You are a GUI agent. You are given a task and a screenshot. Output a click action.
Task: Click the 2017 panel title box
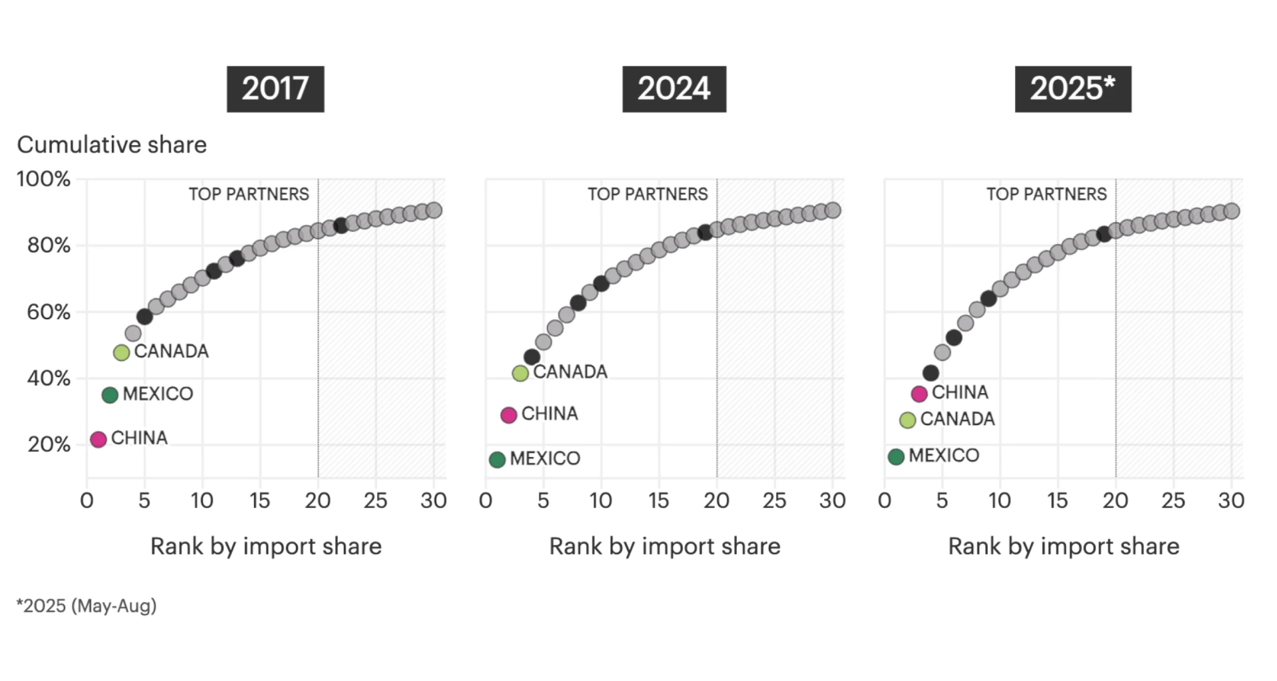(275, 89)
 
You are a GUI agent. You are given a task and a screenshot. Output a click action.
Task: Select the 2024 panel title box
(674, 89)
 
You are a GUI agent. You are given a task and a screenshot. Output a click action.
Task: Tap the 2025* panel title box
(1072, 89)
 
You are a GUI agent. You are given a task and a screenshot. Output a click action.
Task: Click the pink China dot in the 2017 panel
(98, 439)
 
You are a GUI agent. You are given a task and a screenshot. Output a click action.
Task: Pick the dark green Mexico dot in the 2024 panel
(497, 460)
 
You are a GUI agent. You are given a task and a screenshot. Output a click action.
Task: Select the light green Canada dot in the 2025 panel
(907, 420)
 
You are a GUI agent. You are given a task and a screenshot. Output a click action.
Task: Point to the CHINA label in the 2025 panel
(959, 392)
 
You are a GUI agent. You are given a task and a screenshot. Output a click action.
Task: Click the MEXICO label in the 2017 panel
(158, 394)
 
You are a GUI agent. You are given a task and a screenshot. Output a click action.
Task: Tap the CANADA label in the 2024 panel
(570, 372)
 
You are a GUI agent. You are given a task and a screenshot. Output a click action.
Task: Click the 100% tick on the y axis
(43, 179)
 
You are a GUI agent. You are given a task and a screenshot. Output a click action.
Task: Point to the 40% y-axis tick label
(48, 378)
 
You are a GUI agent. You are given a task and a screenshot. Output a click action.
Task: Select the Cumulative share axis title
(112, 144)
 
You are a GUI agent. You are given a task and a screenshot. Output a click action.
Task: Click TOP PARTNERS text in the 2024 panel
(647, 194)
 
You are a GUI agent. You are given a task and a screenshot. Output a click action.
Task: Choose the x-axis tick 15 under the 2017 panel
(259, 500)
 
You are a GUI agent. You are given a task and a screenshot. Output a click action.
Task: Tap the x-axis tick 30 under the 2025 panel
(1230, 500)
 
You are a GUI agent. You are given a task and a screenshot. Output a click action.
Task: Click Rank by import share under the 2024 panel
(664, 546)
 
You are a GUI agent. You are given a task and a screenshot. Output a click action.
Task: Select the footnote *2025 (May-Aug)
(86, 606)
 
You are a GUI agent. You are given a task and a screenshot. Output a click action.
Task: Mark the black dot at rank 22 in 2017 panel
(341, 225)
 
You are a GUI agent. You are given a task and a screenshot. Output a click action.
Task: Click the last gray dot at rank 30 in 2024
(832, 210)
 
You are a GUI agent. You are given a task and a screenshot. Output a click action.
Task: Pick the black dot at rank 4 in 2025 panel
(930, 373)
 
